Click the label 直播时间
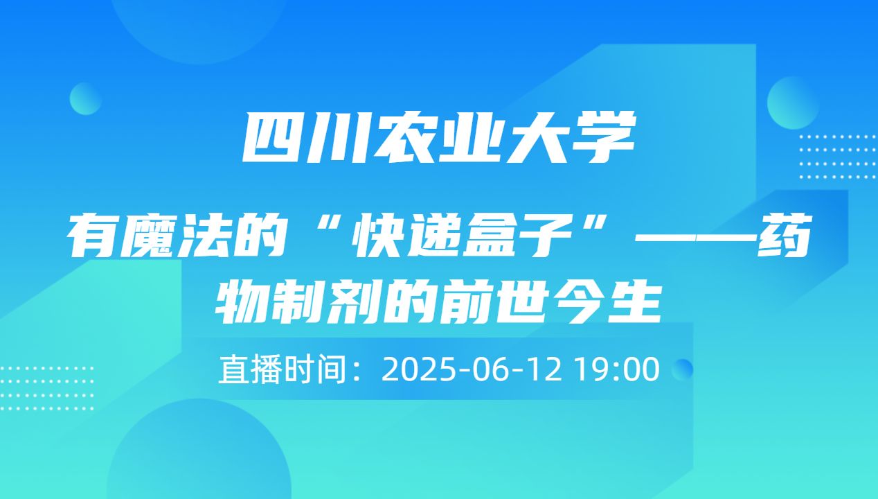[282, 369]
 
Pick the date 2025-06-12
[471, 369]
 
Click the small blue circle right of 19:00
[683, 369]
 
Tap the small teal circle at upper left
[87, 98]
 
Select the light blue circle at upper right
[794, 103]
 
